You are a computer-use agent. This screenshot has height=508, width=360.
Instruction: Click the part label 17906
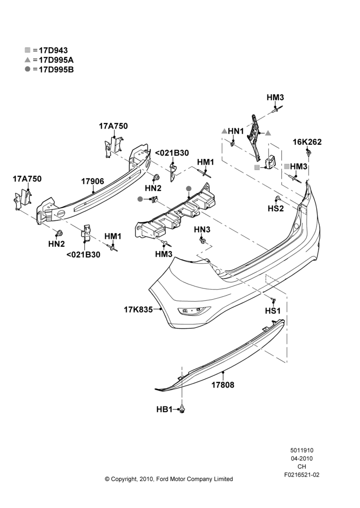pyautogui.click(x=93, y=181)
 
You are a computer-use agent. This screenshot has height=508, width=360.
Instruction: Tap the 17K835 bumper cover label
pyautogui.click(x=138, y=310)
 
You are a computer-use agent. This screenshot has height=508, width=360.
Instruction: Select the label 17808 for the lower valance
pyautogui.click(x=223, y=385)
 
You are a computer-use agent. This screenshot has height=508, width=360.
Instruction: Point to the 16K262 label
pyautogui.click(x=307, y=142)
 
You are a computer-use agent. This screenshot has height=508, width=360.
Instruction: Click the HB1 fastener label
pyautogui.click(x=164, y=409)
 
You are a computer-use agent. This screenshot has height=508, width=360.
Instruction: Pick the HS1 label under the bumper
pyautogui.click(x=273, y=311)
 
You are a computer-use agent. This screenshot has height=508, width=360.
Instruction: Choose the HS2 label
pyautogui.click(x=276, y=209)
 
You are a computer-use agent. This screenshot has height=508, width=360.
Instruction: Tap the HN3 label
pyautogui.click(x=202, y=230)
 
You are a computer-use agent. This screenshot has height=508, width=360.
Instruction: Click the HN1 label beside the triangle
pyautogui.click(x=236, y=131)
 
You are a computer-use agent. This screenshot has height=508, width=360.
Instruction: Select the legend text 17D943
pyautogui.click(x=53, y=50)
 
